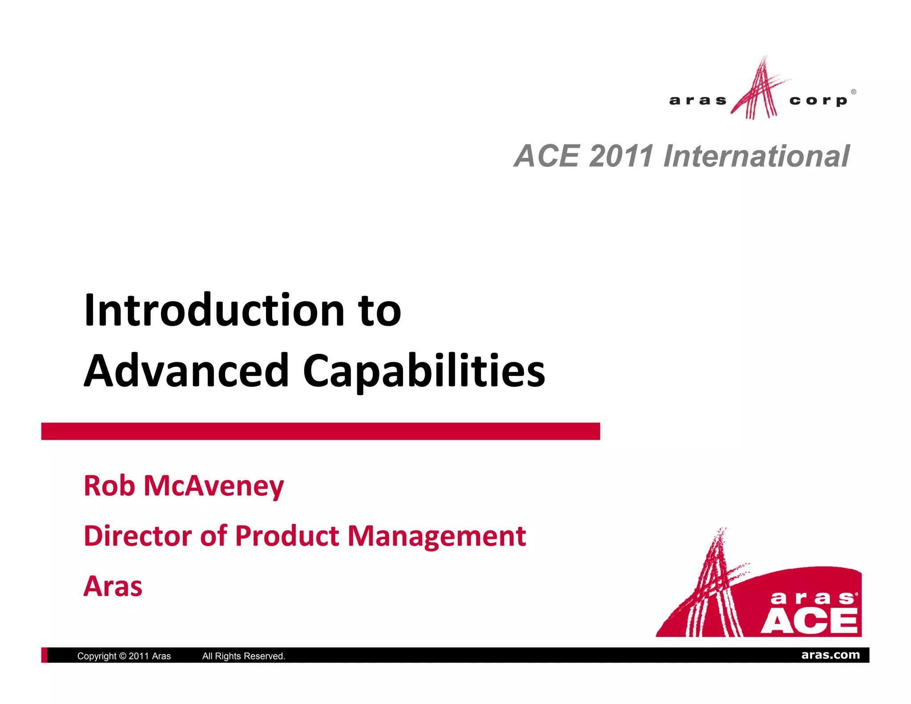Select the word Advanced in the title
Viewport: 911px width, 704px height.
click(x=187, y=371)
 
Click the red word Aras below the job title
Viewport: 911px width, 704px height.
click(x=113, y=586)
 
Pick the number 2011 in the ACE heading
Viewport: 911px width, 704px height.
click(x=621, y=156)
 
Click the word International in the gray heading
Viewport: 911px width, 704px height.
click(x=756, y=156)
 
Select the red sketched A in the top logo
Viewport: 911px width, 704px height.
click(x=758, y=91)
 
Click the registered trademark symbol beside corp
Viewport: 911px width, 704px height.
click(x=853, y=92)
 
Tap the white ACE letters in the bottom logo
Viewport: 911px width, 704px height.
click(x=809, y=621)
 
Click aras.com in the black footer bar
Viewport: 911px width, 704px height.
click(x=830, y=655)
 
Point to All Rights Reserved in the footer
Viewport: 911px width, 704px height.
click(x=244, y=656)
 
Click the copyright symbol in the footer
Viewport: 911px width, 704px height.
click(x=123, y=656)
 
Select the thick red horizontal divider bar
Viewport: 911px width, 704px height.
click(x=320, y=431)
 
